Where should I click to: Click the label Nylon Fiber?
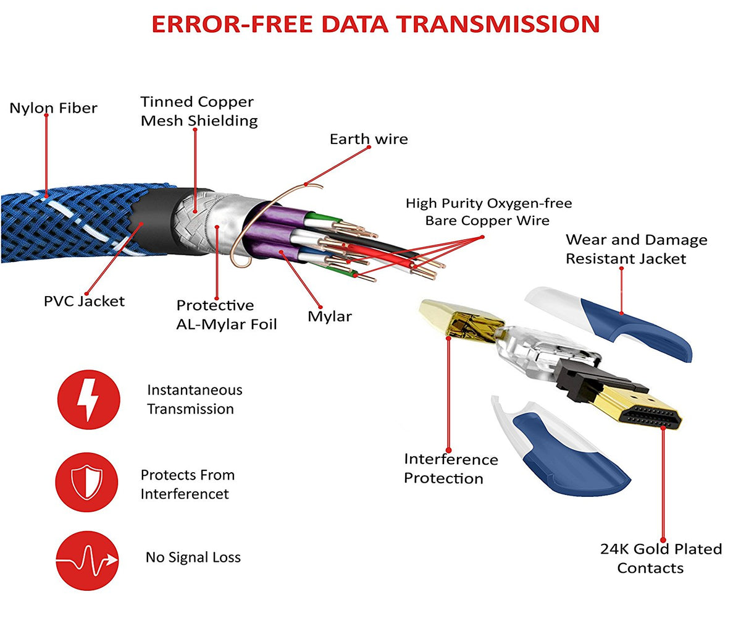[53, 109]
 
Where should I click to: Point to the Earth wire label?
[369, 139]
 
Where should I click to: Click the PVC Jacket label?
[84, 302]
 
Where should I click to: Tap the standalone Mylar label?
[330, 317]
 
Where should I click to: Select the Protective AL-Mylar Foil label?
[227, 315]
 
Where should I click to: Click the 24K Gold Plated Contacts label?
[661, 559]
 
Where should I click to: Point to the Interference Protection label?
[451, 469]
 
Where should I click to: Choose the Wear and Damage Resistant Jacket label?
[636, 249]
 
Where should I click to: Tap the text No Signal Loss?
[193, 557]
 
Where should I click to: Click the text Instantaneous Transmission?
[194, 399]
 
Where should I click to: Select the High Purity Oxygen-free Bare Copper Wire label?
[488, 212]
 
